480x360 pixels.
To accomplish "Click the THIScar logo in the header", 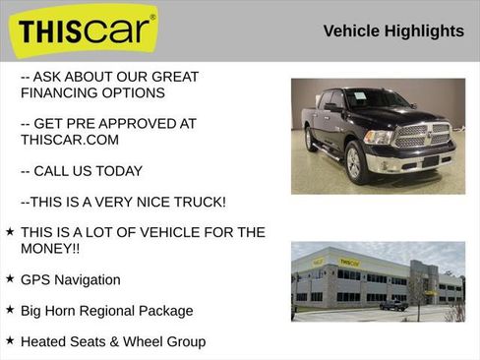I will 87,30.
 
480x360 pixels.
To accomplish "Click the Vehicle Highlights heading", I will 392,31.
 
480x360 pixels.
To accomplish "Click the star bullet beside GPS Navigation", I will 10,279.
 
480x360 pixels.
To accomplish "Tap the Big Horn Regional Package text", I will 106,310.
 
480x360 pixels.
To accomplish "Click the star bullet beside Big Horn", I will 10,310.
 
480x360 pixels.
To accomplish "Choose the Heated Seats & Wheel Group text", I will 113,341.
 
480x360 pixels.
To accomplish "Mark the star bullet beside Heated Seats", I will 10,341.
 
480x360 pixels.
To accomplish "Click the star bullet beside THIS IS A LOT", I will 10,232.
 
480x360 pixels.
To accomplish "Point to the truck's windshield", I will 373,99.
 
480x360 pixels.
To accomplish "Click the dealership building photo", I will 378,281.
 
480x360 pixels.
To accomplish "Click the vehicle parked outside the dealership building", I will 393,305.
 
